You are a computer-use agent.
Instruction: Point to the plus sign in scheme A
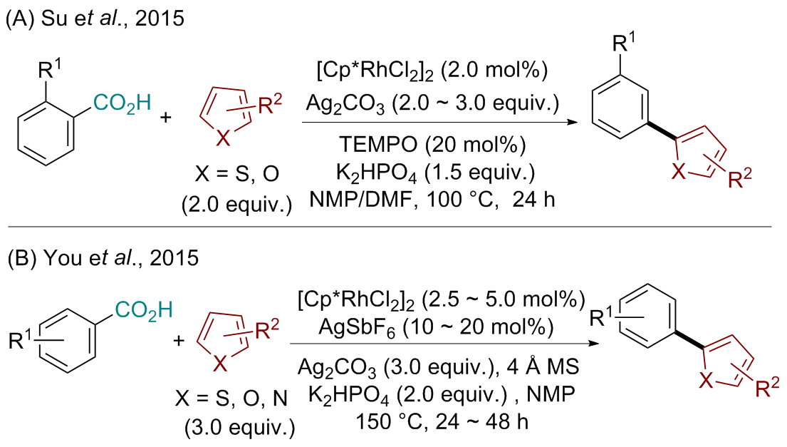(167, 118)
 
